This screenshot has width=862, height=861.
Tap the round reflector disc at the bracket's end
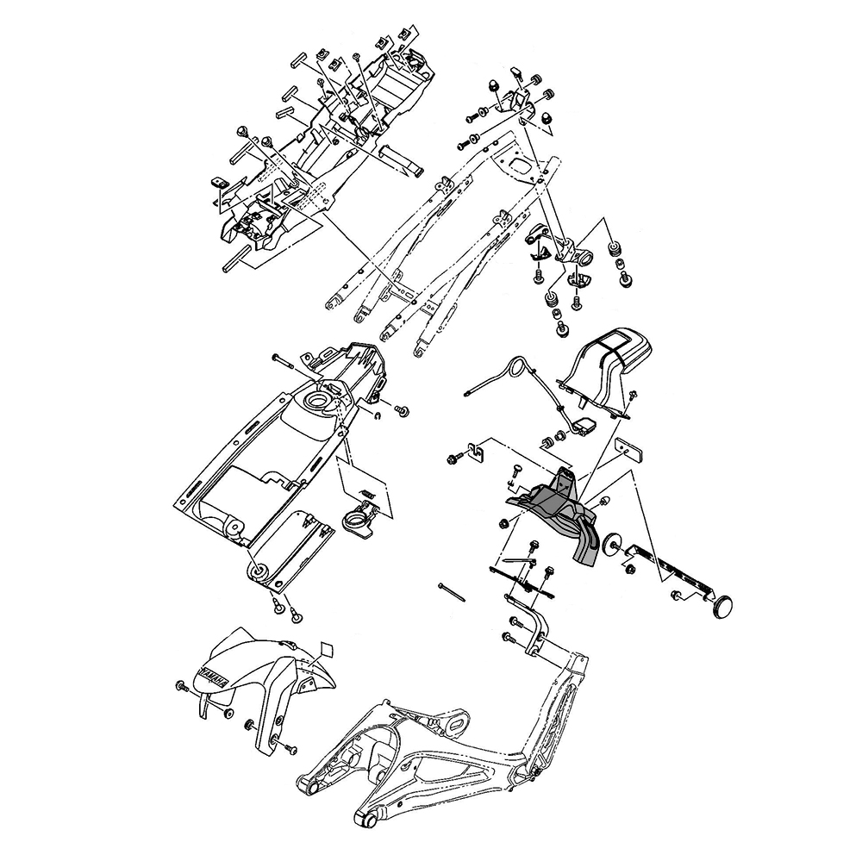point(721,605)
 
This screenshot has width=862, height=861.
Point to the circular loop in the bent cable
point(518,368)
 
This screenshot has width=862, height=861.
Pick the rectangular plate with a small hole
point(629,450)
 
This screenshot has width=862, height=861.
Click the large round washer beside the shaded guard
point(611,545)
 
